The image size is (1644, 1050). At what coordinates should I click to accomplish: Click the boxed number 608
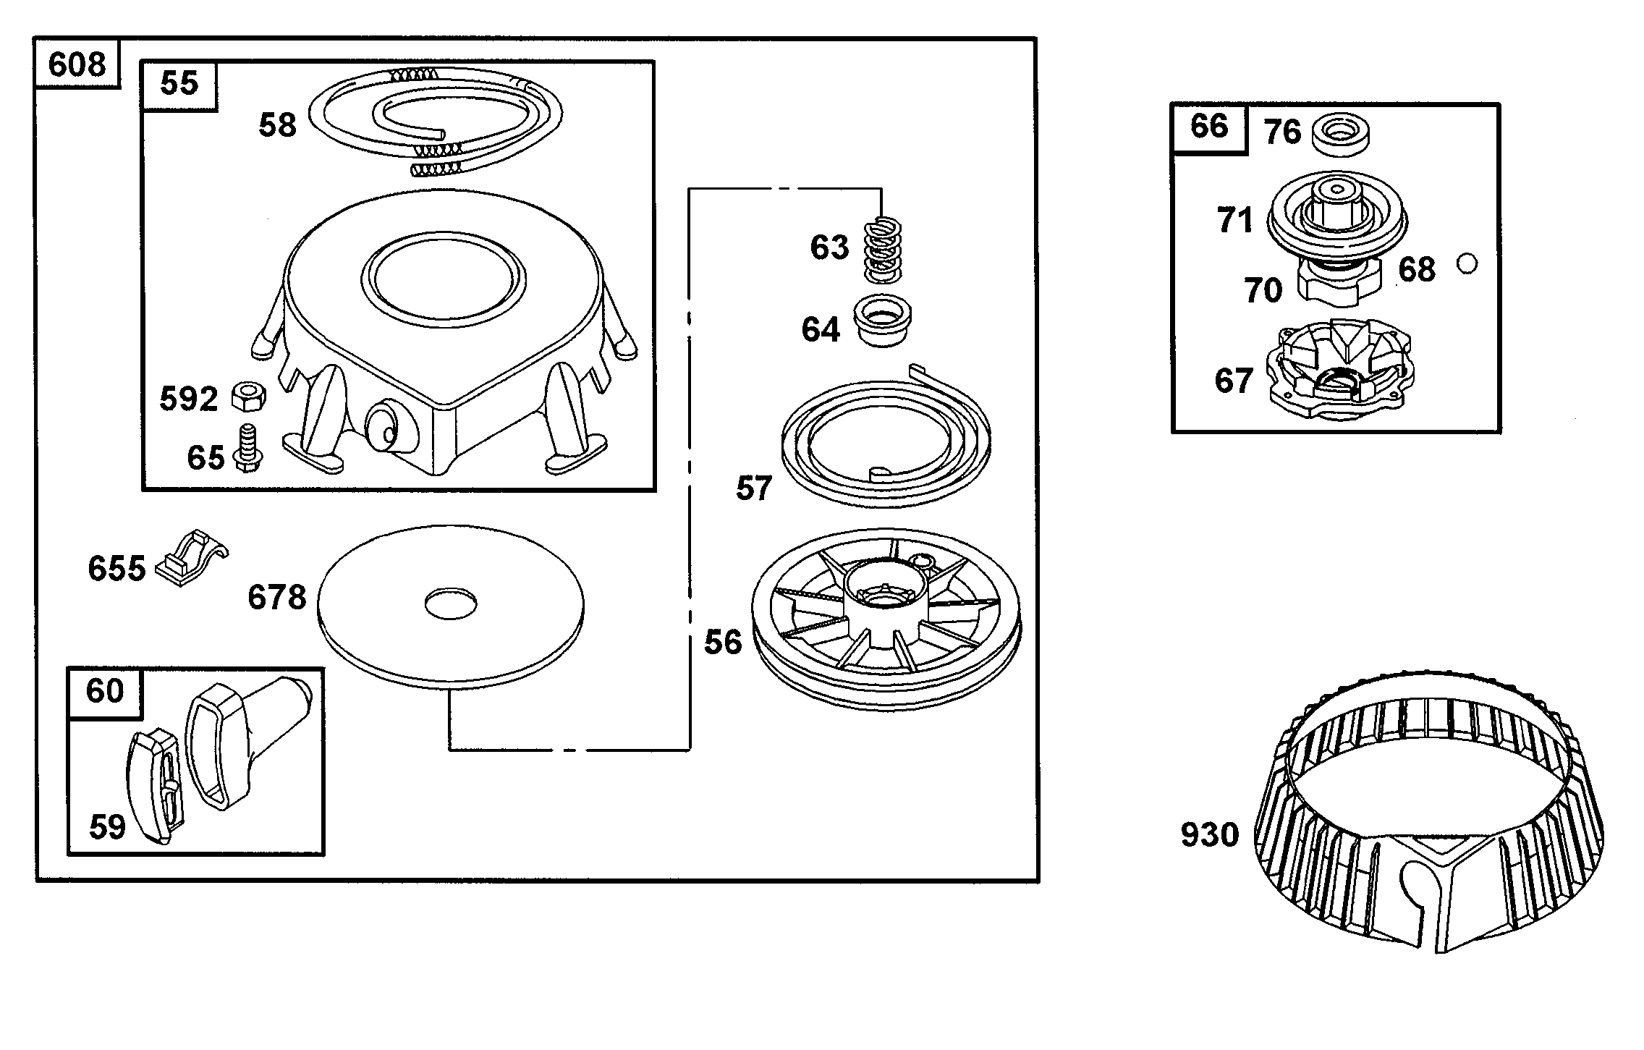[77, 64]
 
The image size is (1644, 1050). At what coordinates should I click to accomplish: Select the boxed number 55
[179, 82]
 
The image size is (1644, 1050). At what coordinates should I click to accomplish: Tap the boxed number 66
[1208, 127]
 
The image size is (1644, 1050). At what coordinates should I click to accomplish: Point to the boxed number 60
[104, 691]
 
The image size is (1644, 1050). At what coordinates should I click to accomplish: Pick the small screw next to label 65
[248, 446]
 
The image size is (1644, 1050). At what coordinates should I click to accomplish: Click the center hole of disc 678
[450, 603]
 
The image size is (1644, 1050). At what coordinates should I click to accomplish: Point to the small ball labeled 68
[1467, 264]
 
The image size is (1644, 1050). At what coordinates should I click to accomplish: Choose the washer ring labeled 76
[1339, 133]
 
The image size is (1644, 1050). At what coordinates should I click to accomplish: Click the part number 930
[1209, 834]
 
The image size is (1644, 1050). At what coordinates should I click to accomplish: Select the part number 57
[754, 488]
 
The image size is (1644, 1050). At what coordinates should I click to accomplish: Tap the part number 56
[723, 642]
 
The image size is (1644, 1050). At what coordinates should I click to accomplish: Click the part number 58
[278, 125]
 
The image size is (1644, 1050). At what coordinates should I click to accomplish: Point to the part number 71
[1234, 220]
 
